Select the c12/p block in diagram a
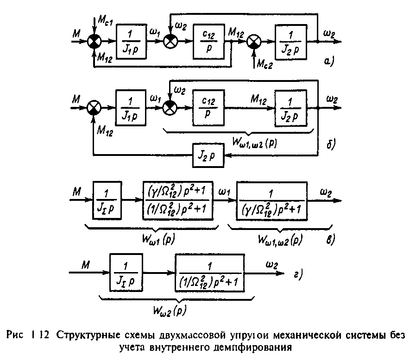[x=209, y=41]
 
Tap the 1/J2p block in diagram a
[x=291, y=41]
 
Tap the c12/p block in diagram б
[x=208, y=108]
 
